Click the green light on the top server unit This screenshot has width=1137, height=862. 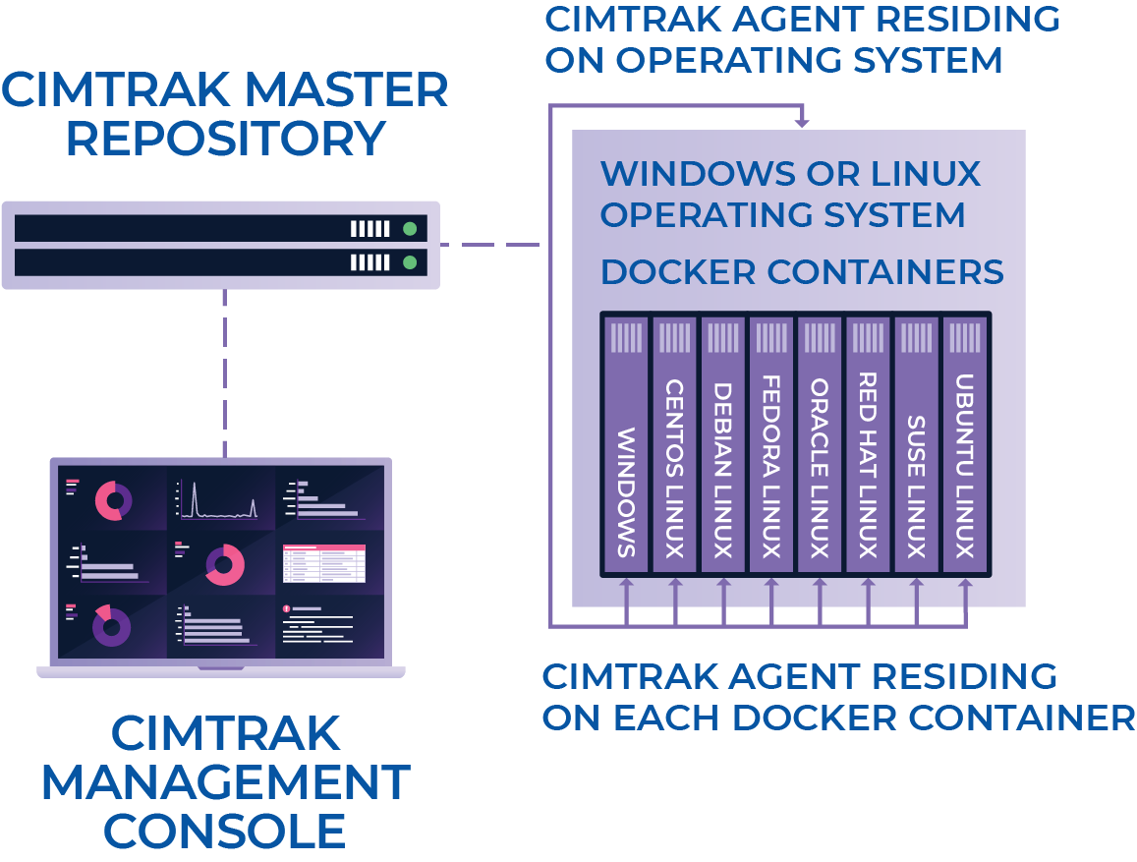410,229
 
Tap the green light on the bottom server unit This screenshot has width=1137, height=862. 410,262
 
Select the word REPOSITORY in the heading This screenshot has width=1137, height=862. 225,139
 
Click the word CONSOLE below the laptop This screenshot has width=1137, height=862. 225,831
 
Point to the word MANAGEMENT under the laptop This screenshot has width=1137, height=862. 225,782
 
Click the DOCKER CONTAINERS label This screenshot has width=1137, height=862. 801,272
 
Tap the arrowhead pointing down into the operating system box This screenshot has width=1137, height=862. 802,121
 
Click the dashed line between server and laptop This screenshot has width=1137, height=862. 225,374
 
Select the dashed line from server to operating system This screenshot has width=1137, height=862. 489,245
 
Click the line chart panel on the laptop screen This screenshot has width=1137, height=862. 217,499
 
